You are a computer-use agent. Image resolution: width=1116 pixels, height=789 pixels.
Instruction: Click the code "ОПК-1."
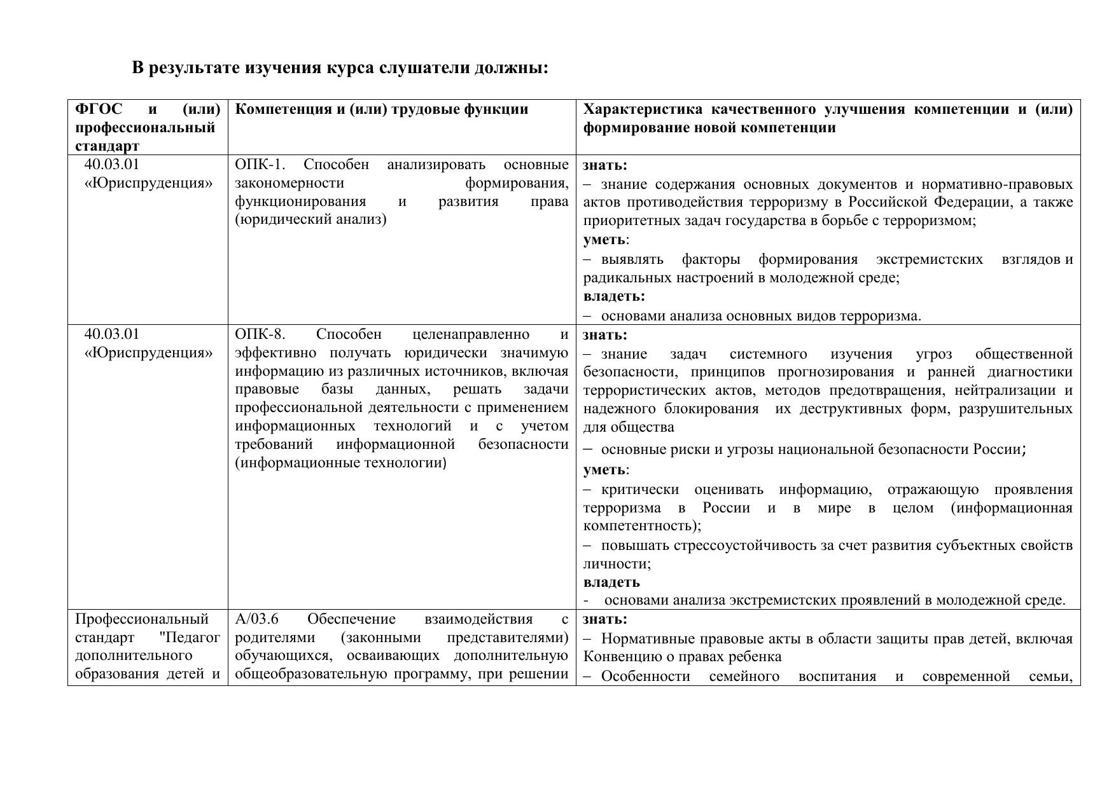click(260, 165)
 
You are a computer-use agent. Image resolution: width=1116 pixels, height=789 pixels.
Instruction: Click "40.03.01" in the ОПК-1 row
click(112, 165)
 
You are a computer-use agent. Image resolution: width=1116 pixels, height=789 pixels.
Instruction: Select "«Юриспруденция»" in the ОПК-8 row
click(148, 353)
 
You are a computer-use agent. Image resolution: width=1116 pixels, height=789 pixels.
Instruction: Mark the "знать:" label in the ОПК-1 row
click(605, 165)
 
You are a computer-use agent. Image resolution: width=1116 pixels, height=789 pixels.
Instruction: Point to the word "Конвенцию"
click(617, 657)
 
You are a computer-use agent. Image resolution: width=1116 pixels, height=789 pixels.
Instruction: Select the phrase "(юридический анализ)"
click(310, 220)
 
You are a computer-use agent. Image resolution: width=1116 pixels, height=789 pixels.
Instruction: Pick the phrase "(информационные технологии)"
click(340, 463)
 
